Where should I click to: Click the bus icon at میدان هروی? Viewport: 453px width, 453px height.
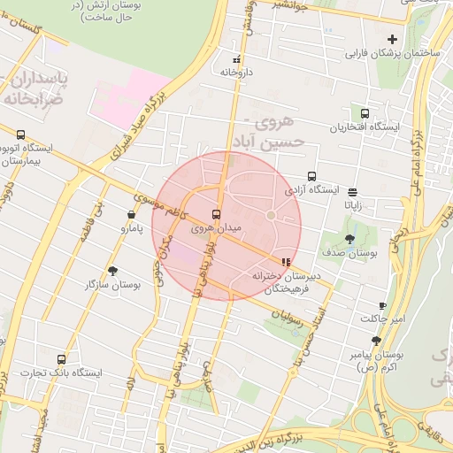pyautogui.click(x=216, y=214)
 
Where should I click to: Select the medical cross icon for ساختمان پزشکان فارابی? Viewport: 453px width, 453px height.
pyautogui.click(x=392, y=39)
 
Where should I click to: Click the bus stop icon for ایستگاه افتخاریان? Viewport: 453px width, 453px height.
pyautogui.click(x=365, y=113)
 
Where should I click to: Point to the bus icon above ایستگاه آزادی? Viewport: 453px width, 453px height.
pyautogui.click(x=311, y=176)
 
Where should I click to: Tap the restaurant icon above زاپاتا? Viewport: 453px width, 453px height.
pyautogui.click(x=352, y=191)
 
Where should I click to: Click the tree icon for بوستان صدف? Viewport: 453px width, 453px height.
pyautogui.click(x=349, y=239)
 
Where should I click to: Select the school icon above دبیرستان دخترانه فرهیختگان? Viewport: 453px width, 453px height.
pyautogui.click(x=285, y=262)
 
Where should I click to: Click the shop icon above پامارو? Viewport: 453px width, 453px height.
pyautogui.click(x=131, y=214)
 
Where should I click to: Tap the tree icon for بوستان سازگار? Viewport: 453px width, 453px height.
pyautogui.click(x=112, y=271)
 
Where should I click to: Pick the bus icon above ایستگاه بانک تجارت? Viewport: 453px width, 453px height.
pyautogui.click(x=61, y=359)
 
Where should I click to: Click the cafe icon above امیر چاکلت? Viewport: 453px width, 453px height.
pyautogui.click(x=382, y=304)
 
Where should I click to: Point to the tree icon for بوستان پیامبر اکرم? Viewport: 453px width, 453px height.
pyautogui.click(x=376, y=341)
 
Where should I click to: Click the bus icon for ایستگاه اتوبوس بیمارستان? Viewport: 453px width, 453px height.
pyautogui.click(x=19, y=134)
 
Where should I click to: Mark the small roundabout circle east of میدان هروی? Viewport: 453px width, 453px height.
pyautogui.click(x=271, y=215)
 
